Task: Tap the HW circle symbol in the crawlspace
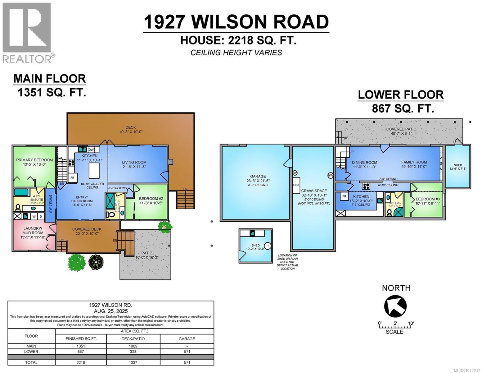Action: pos(330,176)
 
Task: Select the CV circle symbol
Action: pos(295,173)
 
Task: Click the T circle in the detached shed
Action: pos(268,246)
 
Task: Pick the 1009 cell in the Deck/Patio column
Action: pos(133,346)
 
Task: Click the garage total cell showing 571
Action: pos(187,362)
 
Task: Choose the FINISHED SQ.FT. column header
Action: pos(81,338)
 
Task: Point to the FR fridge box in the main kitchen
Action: pos(72,178)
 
